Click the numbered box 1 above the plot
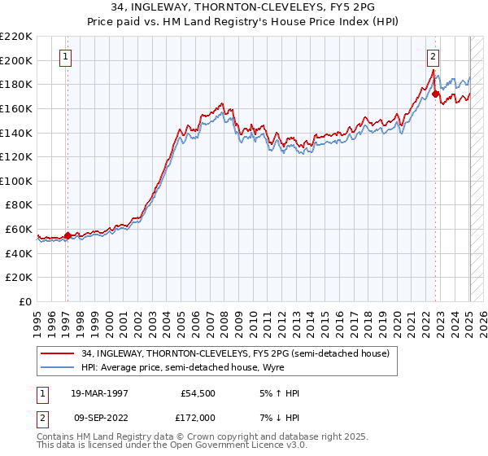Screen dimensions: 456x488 (64, 57)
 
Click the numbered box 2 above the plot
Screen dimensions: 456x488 (433, 57)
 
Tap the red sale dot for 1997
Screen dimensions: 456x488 (68, 235)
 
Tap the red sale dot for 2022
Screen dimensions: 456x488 (435, 94)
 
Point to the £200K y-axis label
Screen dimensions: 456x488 (16, 60)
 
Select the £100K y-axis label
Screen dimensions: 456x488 (16, 181)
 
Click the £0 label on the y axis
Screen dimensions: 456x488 (26, 301)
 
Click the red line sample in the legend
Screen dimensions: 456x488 (59, 353)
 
